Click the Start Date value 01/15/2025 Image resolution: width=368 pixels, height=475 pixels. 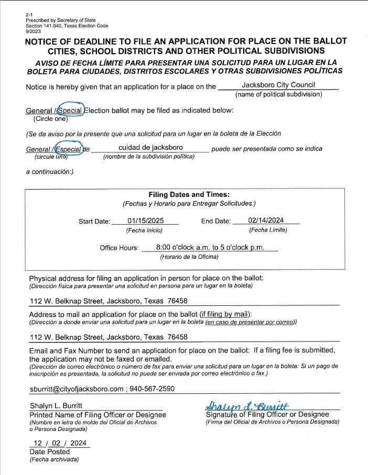click(146, 220)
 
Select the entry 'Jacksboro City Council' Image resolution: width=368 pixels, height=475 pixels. click(278, 85)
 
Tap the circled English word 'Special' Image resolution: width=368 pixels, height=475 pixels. click(70, 111)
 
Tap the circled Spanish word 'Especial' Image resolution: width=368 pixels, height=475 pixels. click(69, 149)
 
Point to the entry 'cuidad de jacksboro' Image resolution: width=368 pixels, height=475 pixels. click(150, 148)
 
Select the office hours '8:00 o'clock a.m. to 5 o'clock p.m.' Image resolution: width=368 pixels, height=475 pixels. click(210, 247)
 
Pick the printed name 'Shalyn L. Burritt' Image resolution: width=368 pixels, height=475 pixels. click(56, 406)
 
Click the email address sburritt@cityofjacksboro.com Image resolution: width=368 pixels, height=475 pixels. click(77, 389)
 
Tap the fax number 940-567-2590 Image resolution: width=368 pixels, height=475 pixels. click(153, 389)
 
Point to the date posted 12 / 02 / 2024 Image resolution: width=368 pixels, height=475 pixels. click(59, 443)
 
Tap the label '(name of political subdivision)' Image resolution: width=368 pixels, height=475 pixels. click(278, 94)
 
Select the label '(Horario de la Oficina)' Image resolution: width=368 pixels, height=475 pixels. click(189, 257)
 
